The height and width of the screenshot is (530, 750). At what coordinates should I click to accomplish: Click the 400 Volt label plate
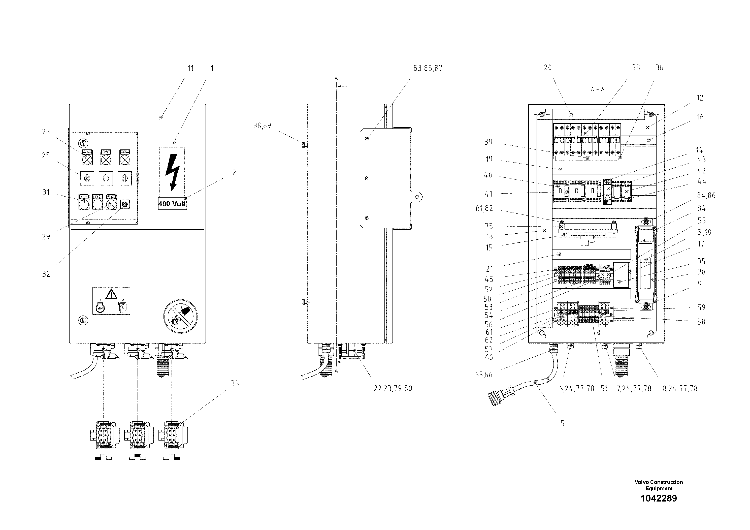(x=172, y=204)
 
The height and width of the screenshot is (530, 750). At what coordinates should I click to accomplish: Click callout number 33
(x=235, y=384)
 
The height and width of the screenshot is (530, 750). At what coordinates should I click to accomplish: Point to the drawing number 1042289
(x=659, y=498)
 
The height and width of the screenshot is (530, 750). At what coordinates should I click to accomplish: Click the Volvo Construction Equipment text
(x=659, y=485)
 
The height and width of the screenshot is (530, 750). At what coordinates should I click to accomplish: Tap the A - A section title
(x=597, y=89)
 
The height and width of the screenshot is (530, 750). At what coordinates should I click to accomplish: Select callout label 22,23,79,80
(x=393, y=389)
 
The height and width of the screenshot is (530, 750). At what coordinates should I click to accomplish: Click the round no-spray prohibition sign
(x=181, y=316)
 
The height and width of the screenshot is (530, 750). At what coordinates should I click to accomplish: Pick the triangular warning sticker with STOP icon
(x=111, y=301)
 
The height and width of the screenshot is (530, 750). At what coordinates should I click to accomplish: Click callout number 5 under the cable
(x=562, y=423)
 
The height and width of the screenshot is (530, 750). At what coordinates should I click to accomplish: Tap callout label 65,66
(x=483, y=375)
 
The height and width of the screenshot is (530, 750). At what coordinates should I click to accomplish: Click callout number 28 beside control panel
(x=46, y=132)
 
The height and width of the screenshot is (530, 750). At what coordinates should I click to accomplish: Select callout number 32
(x=46, y=274)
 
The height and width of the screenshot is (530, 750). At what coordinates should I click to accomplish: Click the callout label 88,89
(x=262, y=126)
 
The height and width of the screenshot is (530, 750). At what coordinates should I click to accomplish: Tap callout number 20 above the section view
(x=547, y=67)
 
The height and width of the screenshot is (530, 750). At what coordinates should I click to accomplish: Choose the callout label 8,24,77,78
(x=680, y=389)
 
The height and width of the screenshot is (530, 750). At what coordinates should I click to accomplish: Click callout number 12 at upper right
(x=700, y=98)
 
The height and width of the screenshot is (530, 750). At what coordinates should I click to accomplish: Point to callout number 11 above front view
(x=190, y=68)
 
